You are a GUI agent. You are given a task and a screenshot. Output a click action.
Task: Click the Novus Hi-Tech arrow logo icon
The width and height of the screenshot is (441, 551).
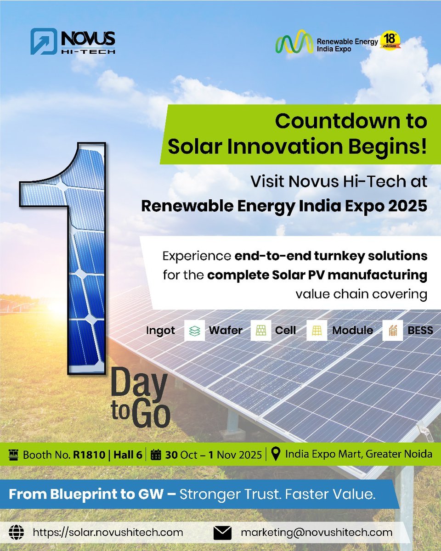[44, 42]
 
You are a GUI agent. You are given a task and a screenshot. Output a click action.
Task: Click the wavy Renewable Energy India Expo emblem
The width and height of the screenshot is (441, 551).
[294, 42]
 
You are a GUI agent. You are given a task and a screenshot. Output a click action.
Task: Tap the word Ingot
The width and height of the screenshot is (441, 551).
[160, 331]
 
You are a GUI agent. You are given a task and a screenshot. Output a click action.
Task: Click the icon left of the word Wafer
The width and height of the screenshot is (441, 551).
[194, 331]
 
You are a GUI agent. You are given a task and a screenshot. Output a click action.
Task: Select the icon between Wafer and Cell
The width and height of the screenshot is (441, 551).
[260, 331]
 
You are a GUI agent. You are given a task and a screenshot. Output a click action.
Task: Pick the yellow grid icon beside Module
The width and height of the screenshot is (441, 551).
[317, 331]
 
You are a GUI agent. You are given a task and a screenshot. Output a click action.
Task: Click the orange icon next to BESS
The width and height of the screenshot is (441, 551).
[392, 331]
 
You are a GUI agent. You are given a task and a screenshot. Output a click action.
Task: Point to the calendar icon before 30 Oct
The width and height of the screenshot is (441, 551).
[156, 455]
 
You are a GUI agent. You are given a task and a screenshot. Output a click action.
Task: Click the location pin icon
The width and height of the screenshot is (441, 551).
[276, 454]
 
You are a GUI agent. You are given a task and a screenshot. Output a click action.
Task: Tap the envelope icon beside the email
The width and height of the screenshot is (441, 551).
[223, 533]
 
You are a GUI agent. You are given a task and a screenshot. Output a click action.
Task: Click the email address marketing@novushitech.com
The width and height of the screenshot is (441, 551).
[317, 533]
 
